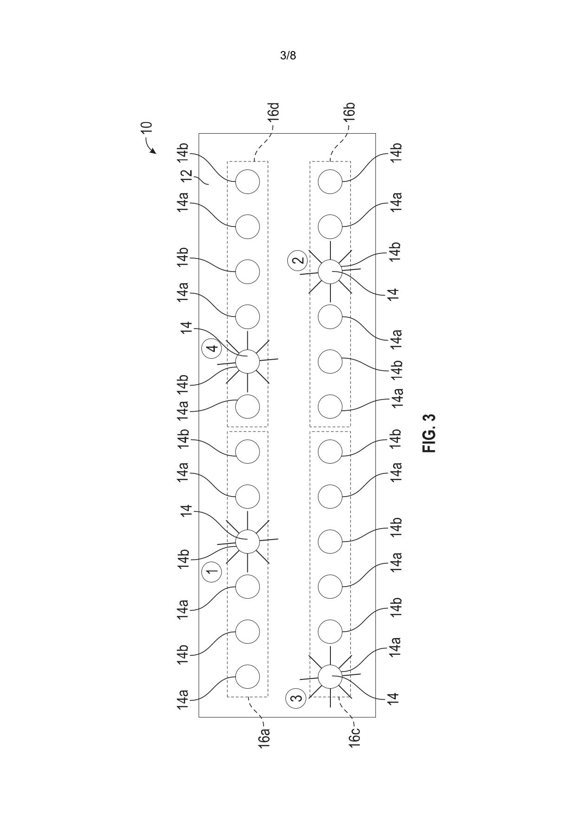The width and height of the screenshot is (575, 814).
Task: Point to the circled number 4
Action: (x=212, y=348)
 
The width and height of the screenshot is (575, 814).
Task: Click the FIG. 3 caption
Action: (x=429, y=433)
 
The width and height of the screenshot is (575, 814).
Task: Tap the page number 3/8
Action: (x=288, y=56)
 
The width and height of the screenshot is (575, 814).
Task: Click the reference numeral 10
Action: (x=146, y=128)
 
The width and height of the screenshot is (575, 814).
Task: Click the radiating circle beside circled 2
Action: (x=330, y=271)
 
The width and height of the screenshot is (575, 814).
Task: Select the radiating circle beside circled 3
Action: (x=330, y=677)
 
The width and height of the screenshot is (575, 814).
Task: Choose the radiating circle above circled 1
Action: (x=247, y=541)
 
